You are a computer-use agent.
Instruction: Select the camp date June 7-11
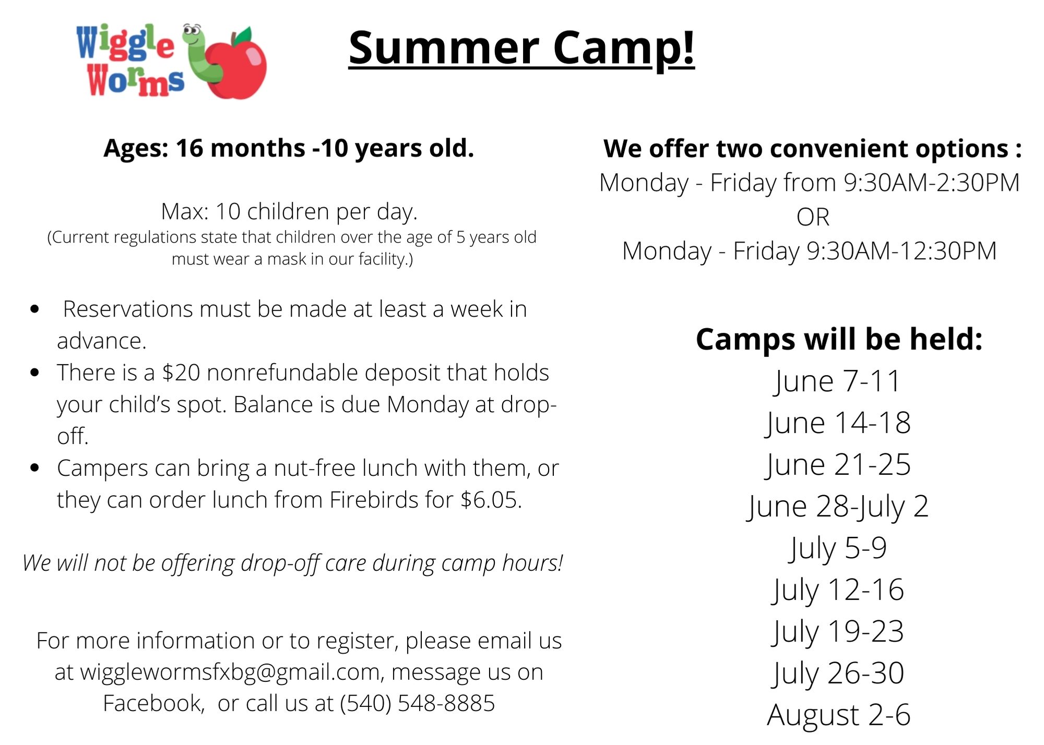pos(838,381)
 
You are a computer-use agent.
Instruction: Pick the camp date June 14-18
pos(838,423)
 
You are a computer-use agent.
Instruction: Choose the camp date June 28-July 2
pos(838,507)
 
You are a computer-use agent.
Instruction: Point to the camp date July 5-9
pos(838,548)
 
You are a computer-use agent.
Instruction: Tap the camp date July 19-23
pos(838,632)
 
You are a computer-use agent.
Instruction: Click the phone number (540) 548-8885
pos(417,704)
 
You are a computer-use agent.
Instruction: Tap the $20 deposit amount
pos(181,373)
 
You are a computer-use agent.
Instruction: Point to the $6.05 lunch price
pos(491,500)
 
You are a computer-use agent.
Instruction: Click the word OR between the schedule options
pos(813,217)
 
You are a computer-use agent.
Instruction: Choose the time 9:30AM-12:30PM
pos(901,251)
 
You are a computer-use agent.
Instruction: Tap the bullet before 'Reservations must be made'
pos(35,309)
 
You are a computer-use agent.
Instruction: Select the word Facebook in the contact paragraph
pos(153,704)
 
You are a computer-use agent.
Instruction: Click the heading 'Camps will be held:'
pos(839,339)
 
